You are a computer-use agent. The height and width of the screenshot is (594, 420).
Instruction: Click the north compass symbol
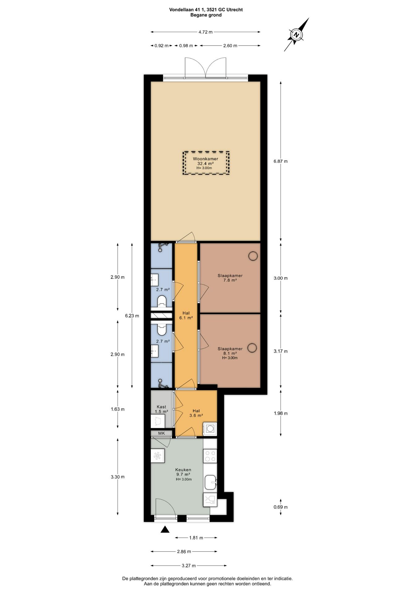click(296, 34)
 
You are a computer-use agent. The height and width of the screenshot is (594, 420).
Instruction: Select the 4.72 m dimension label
click(205, 32)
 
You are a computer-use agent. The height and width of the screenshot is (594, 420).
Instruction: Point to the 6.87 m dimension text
click(281, 161)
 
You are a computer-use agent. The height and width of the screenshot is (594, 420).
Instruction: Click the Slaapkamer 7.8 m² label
click(230, 278)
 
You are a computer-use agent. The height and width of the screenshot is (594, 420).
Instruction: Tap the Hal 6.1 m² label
click(186, 315)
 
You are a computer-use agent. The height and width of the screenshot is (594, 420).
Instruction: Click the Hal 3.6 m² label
click(196, 413)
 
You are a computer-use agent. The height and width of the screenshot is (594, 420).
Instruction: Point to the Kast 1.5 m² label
click(161, 409)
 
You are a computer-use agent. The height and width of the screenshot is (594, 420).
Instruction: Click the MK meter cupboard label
click(161, 433)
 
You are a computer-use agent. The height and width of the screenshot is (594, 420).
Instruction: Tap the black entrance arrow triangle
click(165, 529)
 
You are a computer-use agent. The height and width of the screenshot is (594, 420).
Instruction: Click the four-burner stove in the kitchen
click(210, 456)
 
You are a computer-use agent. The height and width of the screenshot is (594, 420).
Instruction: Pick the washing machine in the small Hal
click(210, 429)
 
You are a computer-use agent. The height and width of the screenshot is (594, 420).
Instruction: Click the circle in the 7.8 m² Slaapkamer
click(253, 256)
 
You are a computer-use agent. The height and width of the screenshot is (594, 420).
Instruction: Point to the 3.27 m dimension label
click(189, 566)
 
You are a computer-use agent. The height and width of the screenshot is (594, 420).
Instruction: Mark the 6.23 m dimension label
click(132, 316)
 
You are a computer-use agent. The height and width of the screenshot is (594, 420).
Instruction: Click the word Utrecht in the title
click(234, 10)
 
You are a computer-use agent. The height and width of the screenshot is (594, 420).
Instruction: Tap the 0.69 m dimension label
click(281, 507)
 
